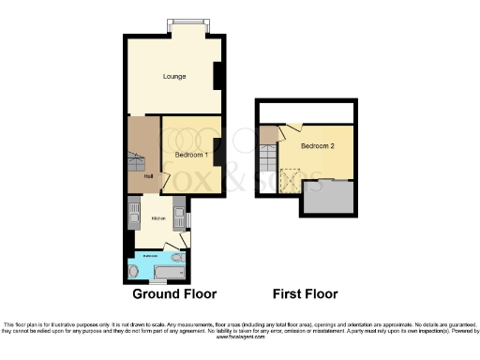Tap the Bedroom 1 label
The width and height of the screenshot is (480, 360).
click(191, 155)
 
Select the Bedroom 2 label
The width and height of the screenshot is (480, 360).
click(317, 147)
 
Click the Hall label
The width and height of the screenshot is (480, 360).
click(148, 175)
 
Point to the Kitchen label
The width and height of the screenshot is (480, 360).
click(157, 218)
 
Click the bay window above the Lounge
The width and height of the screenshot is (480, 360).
click(183, 23)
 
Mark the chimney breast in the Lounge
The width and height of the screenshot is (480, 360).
click(217, 76)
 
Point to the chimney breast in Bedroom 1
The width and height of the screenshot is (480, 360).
click(217, 149)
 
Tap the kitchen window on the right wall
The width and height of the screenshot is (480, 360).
click(187, 219)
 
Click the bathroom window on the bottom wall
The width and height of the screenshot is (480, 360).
click(145, 282)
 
